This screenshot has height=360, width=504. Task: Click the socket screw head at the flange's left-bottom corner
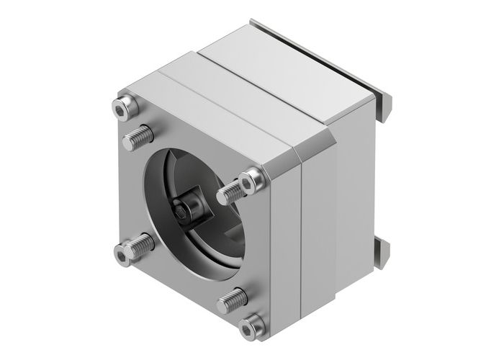[126, 251]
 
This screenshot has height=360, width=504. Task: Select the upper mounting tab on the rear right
[384, 108]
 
